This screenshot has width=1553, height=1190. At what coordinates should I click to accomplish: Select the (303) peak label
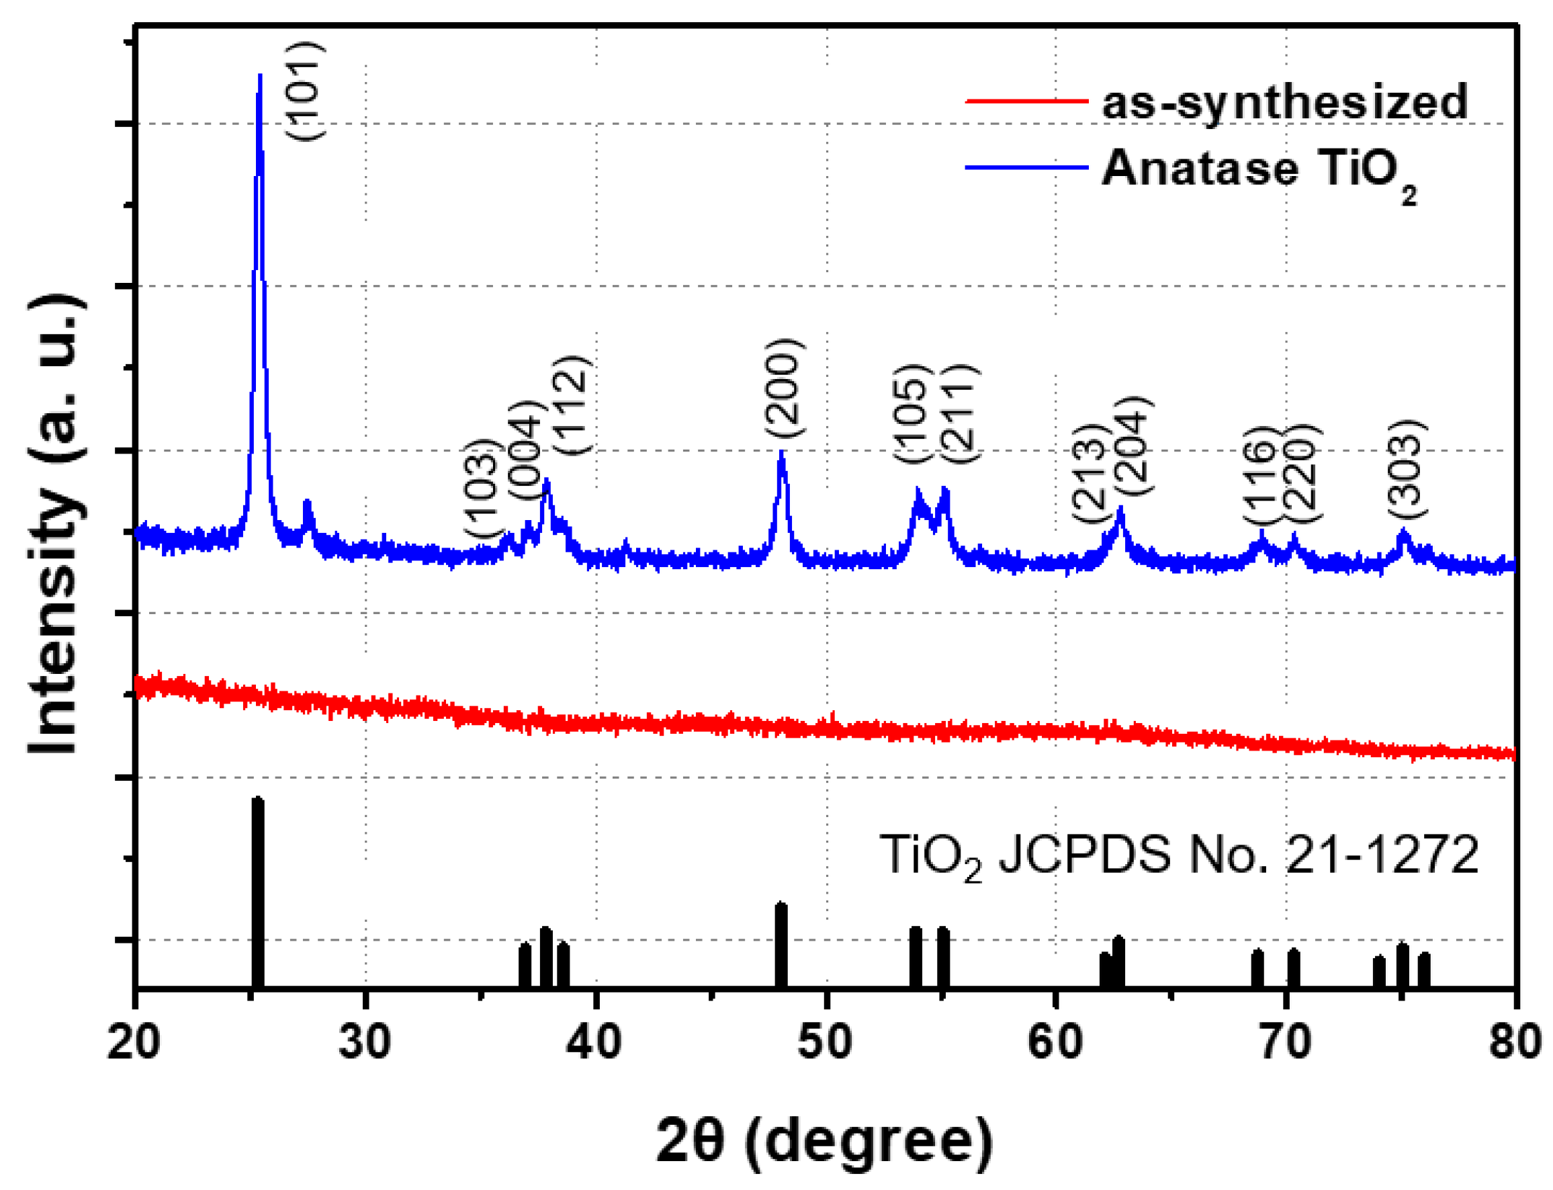1406,470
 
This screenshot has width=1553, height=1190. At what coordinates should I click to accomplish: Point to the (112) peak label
572,405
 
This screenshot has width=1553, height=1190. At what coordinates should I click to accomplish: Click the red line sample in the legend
1026,101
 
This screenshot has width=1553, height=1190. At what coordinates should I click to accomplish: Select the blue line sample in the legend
1026,167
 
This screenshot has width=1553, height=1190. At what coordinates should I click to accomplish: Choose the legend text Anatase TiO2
1259,170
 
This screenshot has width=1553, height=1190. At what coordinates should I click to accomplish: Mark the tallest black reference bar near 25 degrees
258,892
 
